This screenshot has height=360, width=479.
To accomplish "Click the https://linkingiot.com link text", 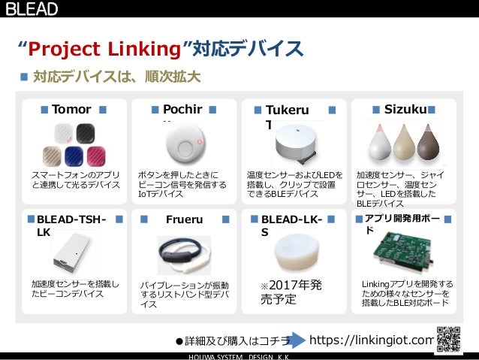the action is click(x=372, y=340).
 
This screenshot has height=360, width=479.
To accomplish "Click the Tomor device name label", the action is click(x=71, y=110).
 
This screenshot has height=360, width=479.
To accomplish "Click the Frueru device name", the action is click(x=184, y=220).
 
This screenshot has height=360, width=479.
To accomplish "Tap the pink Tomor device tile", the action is click(x=98, y=156).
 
